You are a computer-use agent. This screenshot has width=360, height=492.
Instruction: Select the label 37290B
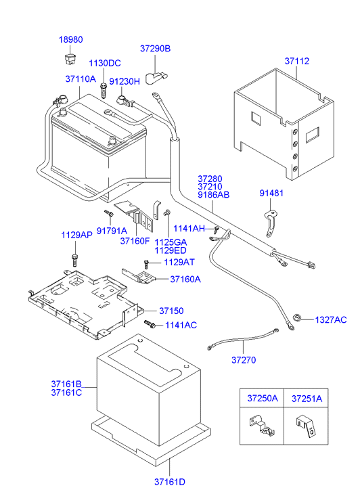click(156, 49)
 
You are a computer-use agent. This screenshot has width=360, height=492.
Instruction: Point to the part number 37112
click(296, 62)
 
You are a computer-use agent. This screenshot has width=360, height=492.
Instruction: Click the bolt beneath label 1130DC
click(104, 89)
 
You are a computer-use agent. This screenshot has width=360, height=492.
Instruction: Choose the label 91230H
click(125, 81)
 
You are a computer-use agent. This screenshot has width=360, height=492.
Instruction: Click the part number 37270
click(243, 359)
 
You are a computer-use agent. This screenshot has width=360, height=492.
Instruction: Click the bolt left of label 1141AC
click(150, 326)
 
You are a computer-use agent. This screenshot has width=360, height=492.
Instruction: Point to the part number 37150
click(171, 311)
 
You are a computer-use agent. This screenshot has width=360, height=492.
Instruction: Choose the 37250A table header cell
click(261, 399)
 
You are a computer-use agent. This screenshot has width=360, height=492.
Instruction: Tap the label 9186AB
click(214, 194)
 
